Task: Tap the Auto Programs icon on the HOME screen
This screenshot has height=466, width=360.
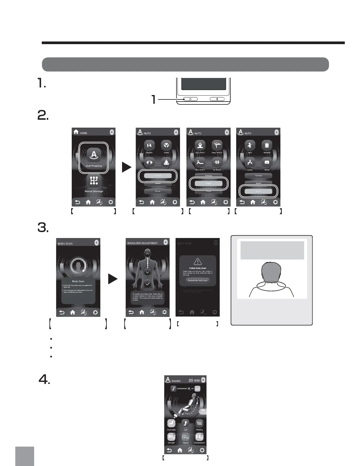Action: tap(94, 155)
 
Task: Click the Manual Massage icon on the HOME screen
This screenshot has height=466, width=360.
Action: tap(94, 181)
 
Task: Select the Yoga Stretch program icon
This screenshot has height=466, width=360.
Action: tap(200, 145)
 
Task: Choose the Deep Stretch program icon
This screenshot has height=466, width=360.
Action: tap(217, 145)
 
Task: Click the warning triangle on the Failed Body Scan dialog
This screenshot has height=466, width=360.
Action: tap(198, 261)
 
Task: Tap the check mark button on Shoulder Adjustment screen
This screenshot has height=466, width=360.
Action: tap(148, 284)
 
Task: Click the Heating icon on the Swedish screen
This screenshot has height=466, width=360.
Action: tap(199, 423)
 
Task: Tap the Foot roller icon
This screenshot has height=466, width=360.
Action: tap(171, 423)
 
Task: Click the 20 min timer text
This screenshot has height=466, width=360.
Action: tap(194, 380)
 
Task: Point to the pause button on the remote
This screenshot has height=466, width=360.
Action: tap(217, 99)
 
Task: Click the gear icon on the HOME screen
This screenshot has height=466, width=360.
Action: tap(111, 202)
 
